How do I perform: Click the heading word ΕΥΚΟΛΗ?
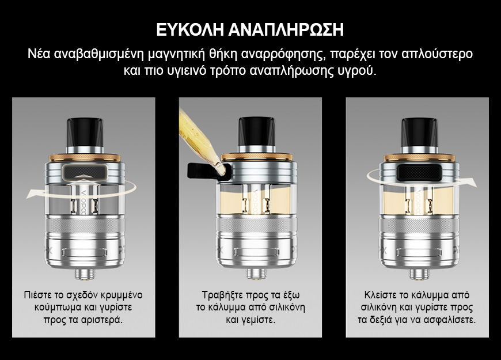point(188,30)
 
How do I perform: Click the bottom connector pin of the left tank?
point(83,274)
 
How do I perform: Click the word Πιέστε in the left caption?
point(37,295)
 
